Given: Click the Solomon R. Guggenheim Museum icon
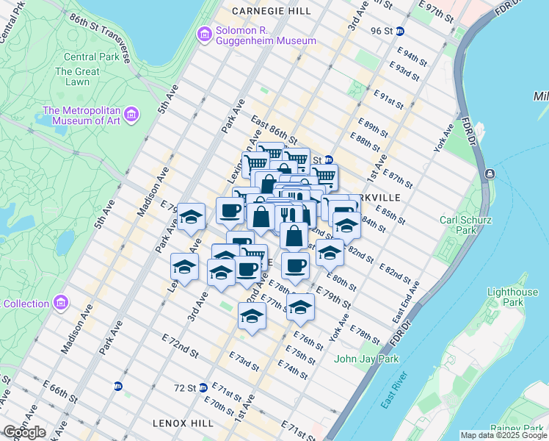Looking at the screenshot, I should click(205, 34).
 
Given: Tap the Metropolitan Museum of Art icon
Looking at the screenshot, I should click(131, 114).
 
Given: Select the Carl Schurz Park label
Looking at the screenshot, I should click(464, 226).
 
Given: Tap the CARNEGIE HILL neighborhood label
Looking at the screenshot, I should click(270, 11).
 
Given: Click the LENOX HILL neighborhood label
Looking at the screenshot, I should click(183, 423).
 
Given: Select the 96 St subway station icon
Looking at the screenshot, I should click(400, 32).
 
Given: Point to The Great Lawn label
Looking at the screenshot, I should click(76, 77).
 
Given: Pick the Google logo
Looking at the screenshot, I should click(24, 431).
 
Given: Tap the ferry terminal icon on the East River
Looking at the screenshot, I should click(490, 174).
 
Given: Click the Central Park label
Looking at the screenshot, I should click(90, 57).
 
